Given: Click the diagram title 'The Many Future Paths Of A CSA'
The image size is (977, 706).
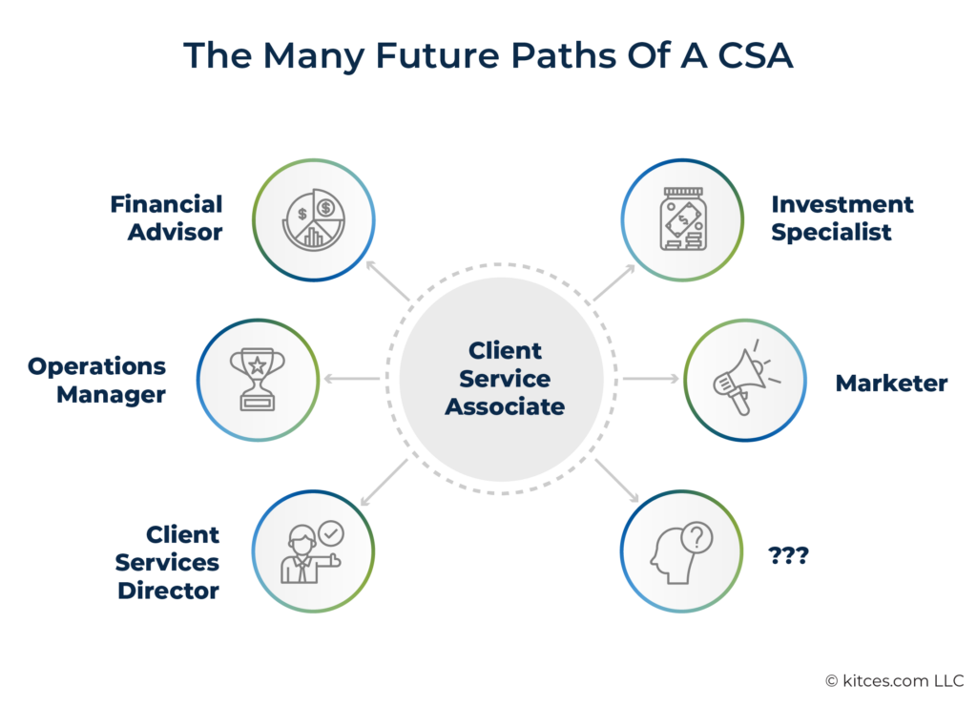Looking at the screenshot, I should [x=488, y=55].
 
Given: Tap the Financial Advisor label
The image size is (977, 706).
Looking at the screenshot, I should [x=166, y=218].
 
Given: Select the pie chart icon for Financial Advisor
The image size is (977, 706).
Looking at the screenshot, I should [x=314, y=220].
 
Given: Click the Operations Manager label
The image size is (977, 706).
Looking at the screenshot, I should [x=96, y=380].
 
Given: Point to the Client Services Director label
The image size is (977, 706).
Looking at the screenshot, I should [x=168, y=562].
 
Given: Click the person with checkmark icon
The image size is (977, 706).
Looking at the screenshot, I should [x=312, y=551].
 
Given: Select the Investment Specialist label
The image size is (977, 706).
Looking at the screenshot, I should [x=842, y=218].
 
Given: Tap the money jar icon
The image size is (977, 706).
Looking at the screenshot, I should [x=682, y=220].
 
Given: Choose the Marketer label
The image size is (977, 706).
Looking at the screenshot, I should [x=891, y=384].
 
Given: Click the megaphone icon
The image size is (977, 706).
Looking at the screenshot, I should [x=745, y=380].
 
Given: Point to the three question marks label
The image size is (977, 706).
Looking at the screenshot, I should [x=788, y=554].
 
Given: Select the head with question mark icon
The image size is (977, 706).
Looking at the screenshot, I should [x=681, y=551].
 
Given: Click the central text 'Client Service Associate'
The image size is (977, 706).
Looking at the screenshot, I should [x=505, y=379].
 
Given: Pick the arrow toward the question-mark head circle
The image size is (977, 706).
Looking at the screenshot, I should [x=617, y=481].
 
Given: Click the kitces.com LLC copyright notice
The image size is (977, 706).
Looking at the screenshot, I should [x=894, y=680].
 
